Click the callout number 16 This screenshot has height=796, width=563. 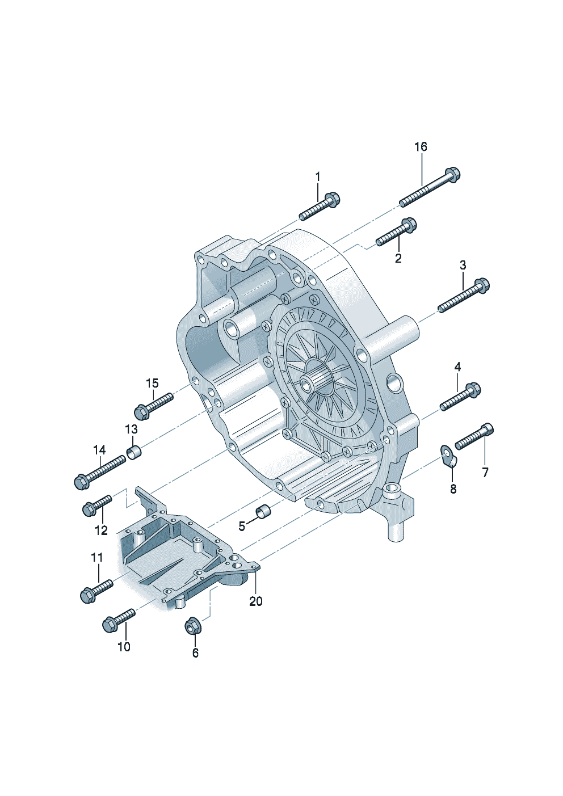pyautogui.click(x=421, y=147)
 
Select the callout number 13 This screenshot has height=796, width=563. pyautogui.click(x=131, y=429)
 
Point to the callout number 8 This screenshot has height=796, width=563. pyautogui.click(x=453, y=489)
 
